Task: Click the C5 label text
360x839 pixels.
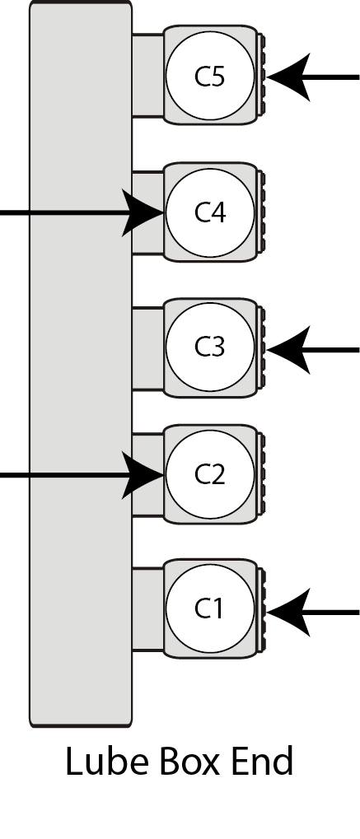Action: [209, 77]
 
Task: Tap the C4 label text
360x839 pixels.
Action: [210, 212]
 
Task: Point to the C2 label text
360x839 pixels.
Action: [209, 474]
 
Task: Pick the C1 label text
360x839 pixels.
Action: [208, 608]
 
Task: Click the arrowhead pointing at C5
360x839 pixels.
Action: [289, 77]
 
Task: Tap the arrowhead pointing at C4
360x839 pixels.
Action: [142, 212]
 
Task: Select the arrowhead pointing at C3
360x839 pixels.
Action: [289, 350]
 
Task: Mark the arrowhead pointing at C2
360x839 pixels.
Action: [142, 475]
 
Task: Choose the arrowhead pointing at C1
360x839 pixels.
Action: [289, 613]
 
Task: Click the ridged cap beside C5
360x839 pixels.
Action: [261, 75]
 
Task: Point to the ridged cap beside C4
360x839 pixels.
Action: [261, 212]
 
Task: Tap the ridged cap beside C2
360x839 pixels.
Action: [261, 474]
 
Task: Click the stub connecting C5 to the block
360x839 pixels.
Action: [147, 75]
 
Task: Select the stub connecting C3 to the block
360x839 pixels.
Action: [147, 348]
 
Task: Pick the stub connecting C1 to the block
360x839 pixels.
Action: [147, 609]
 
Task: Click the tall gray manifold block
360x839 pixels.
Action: [81, 364]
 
